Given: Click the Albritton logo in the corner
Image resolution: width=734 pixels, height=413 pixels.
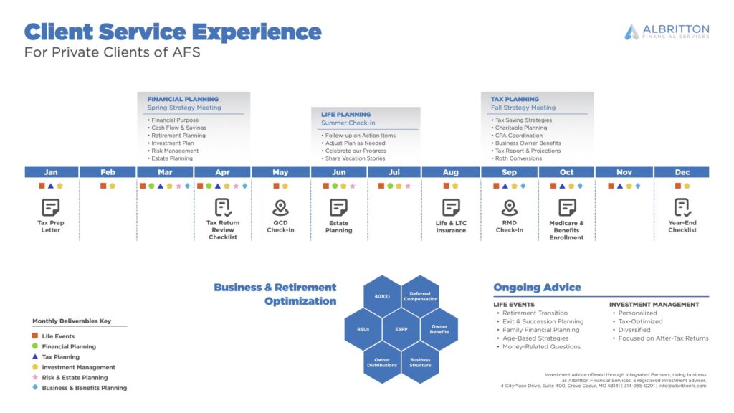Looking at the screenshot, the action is pos(667,32).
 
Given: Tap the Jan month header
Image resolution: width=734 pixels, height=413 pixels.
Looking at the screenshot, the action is pos(51,172).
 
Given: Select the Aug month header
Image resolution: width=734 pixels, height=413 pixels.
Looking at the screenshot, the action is pos(451,172).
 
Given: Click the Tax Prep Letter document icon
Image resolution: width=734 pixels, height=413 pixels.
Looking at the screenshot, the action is pos(51,207).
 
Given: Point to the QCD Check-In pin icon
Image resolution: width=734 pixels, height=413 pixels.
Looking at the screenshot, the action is pos(280,207).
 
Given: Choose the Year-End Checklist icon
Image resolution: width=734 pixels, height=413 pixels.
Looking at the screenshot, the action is pos(682,207).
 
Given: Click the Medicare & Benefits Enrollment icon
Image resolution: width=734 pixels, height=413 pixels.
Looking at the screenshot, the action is pos(567,207).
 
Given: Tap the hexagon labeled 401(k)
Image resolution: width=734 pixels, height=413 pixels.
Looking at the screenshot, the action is pos(382,296).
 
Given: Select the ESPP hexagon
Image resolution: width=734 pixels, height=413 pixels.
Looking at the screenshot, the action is pos(401,329).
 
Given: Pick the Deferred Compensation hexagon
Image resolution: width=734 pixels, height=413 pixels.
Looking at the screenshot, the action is pos(420,296).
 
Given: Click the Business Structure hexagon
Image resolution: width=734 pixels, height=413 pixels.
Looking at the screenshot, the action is pos(420,362).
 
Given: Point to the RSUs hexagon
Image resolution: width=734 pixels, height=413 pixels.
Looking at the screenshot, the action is pos(363,329).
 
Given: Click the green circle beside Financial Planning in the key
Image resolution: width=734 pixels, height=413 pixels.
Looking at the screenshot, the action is pos(34,346).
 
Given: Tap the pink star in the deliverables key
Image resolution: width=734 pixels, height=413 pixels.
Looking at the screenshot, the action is pos(34,377).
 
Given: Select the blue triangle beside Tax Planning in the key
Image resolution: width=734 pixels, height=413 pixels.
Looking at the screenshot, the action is pos(34,356).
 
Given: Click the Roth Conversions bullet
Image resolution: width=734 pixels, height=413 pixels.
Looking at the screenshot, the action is pos(516,158).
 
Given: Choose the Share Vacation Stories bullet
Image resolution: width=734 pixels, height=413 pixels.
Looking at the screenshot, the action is pos(353,158).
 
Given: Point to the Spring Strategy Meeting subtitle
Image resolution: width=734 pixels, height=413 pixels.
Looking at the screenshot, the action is pos(184,108).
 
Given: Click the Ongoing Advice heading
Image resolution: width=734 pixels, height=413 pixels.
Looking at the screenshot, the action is pos(538,287).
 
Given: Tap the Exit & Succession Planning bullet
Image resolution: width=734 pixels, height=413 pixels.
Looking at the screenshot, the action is pos(540,321).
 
